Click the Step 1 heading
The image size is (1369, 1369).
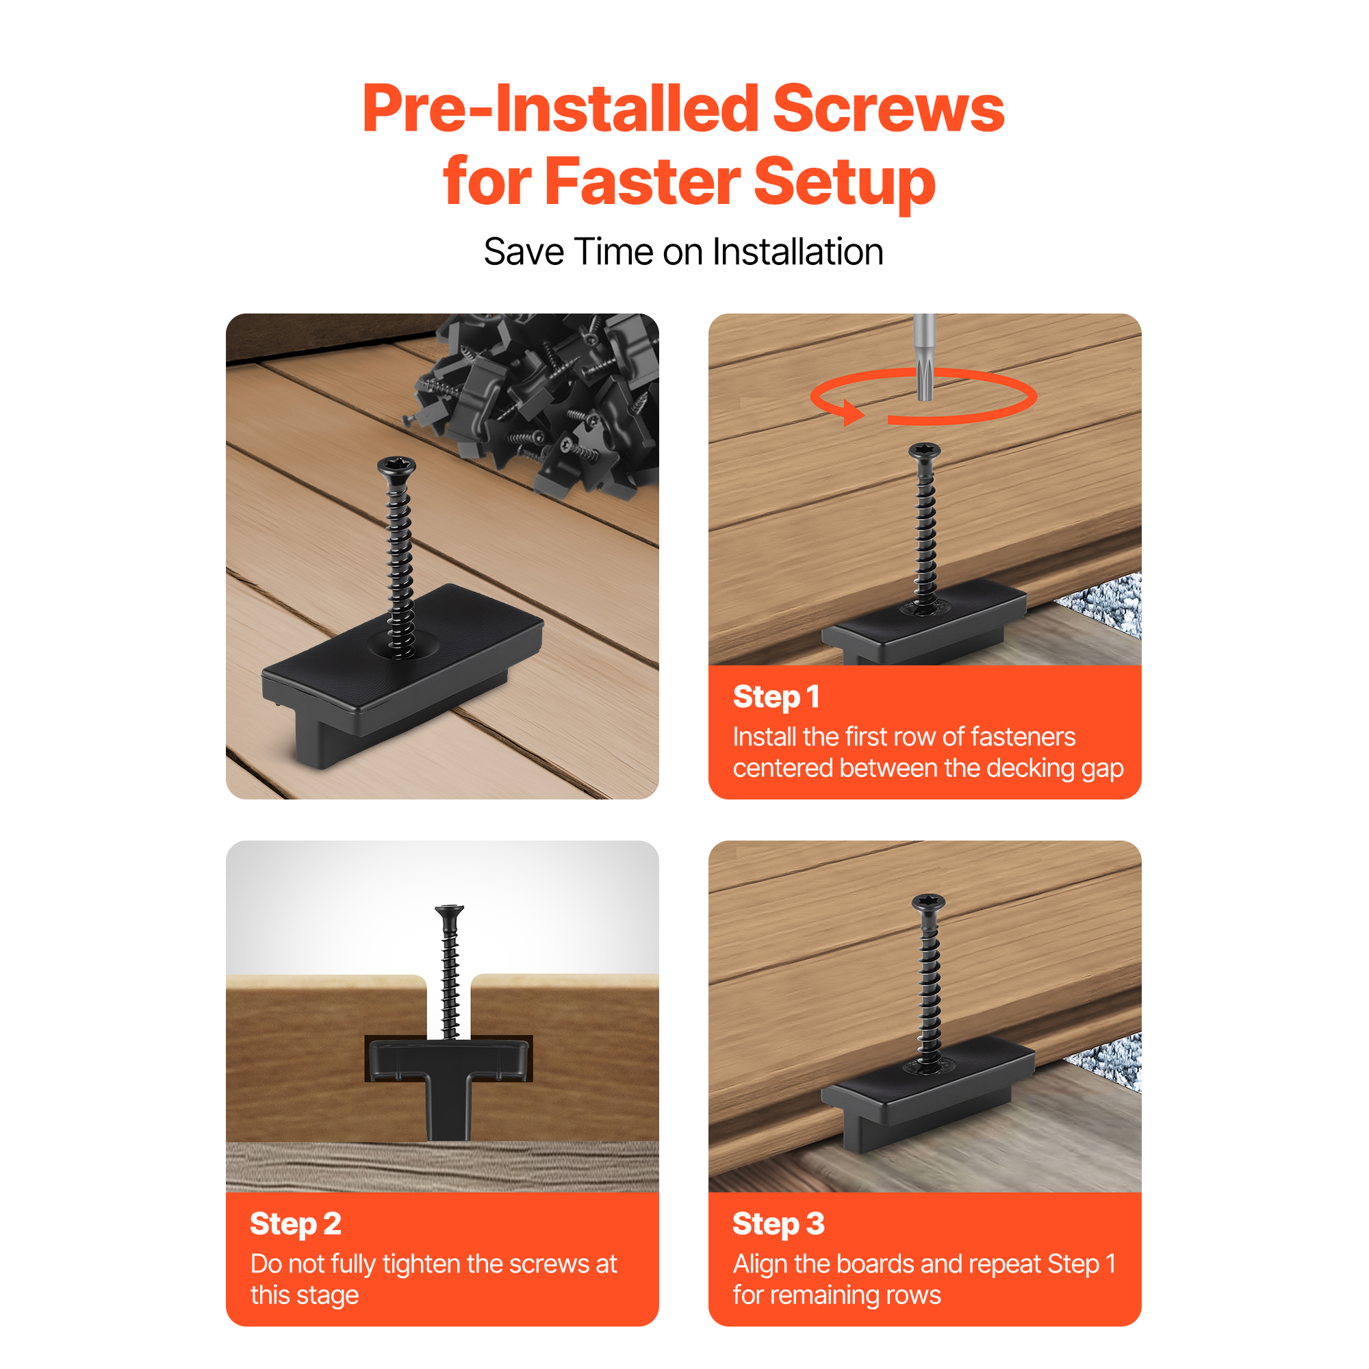(x=776, y=698)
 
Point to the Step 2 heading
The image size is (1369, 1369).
(x=296, y=1224)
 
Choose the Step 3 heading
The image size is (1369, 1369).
(x=778, y=1224)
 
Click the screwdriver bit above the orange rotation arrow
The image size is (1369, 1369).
(x=925, y=357)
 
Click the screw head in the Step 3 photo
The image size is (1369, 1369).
(x=928, y=902)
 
